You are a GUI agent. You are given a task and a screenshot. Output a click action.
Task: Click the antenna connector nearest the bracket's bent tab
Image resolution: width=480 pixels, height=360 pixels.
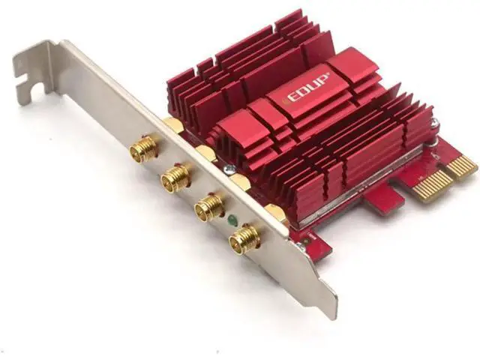click(142, 148)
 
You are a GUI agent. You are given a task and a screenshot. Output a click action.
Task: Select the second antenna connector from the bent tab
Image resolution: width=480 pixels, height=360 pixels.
click(174, 177)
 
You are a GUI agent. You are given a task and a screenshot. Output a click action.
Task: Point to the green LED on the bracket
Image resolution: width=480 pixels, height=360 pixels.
click(232, 220)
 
